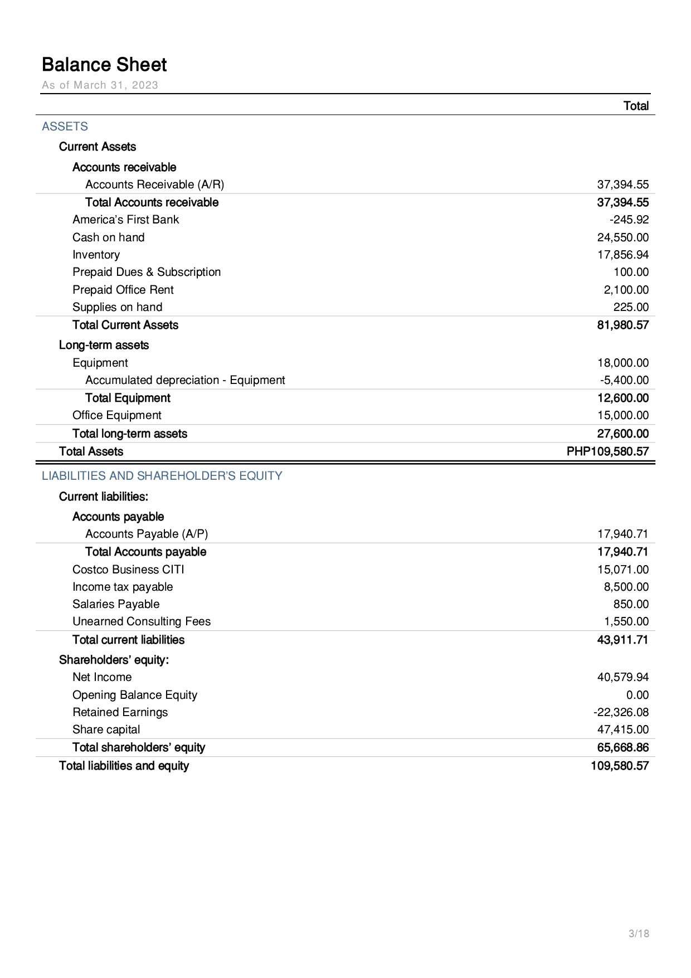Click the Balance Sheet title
(x=104, y=65)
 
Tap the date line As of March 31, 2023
(x=100, y=85)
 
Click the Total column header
(x=636, y=106)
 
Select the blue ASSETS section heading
(x=65, y=126)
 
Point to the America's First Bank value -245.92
(x=629, y=220)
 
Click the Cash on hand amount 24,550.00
(x=623, y=237)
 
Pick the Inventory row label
(x=96, y=255)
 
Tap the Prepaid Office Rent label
(x=123, y=290)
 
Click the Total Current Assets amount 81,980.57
(x=623, y=325)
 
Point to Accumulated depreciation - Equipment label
(x=185, y=380)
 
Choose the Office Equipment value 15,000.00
(x=623, y=415)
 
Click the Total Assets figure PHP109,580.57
(x=607, y=451)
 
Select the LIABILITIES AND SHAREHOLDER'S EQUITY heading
(x=162, y=476)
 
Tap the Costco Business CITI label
(x=128, y=570)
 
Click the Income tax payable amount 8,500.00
(x=626, y=587)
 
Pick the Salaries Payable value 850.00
(x=631, y=604)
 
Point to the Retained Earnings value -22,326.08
(x=621, y=712)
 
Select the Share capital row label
(x=106, y=729)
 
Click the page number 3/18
(x=639, y=933)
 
